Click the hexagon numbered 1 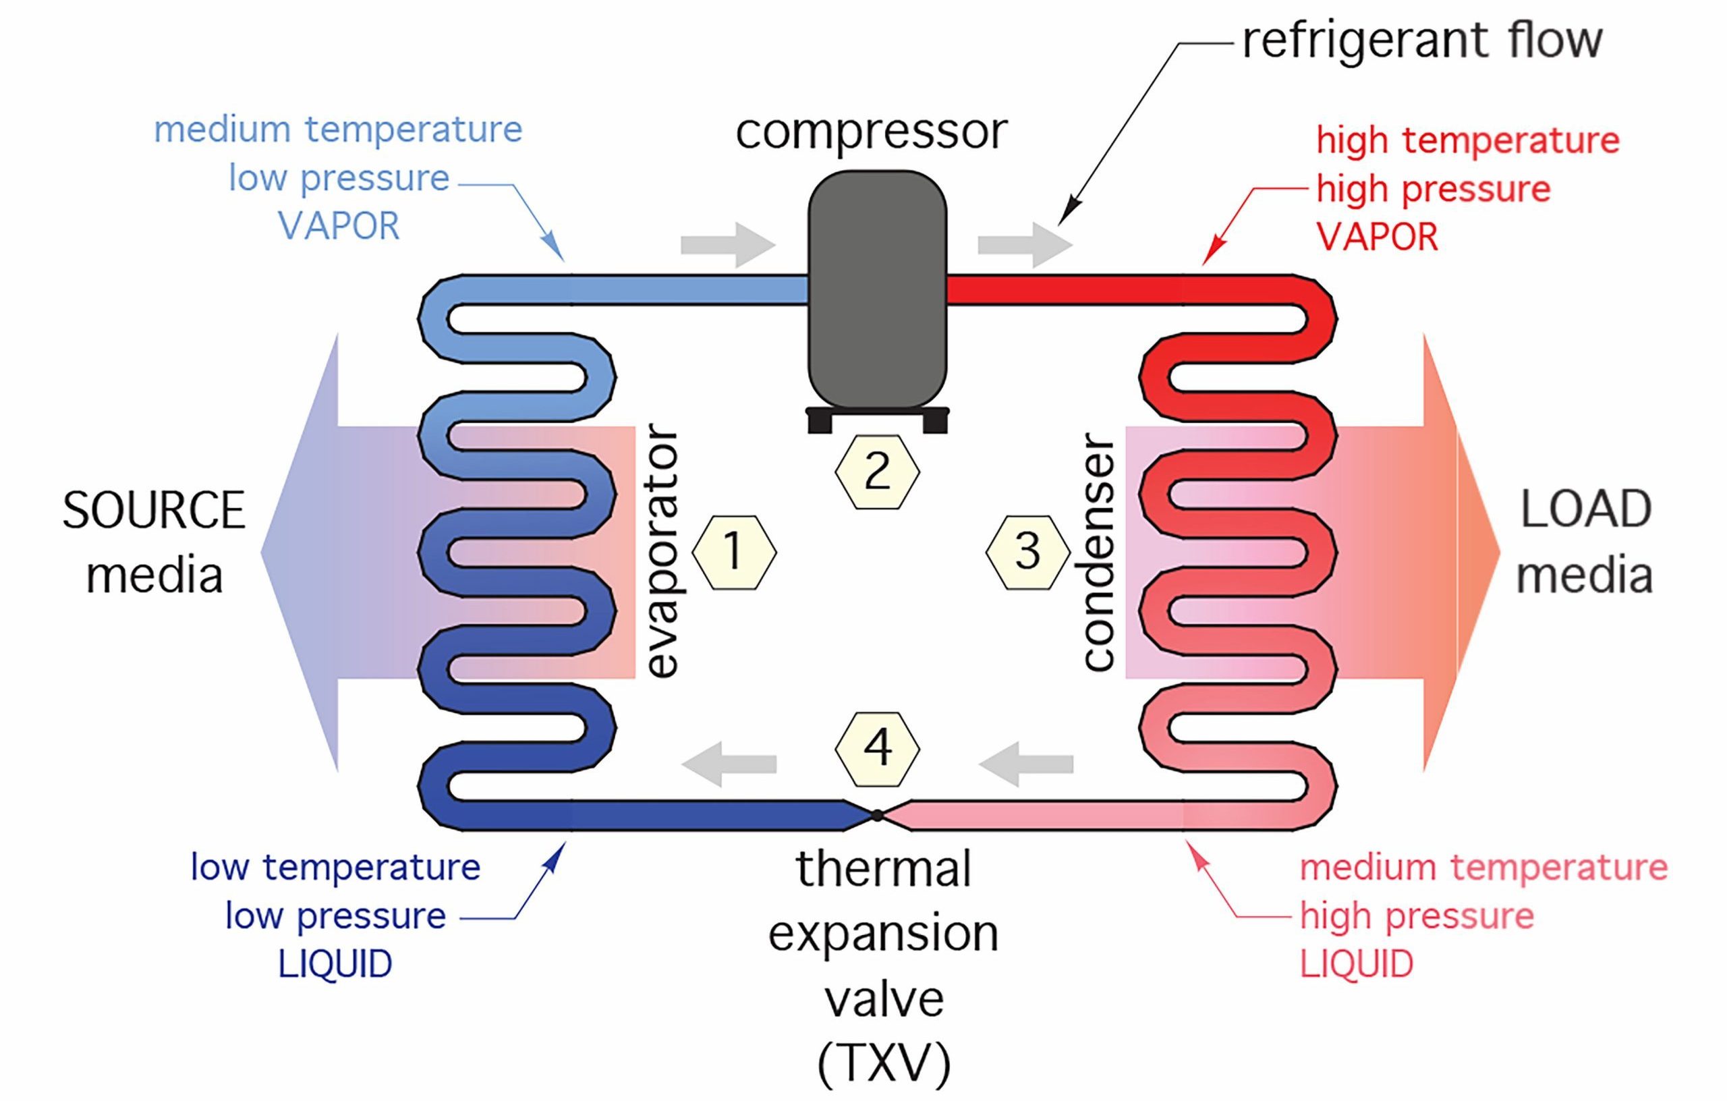(734, 553)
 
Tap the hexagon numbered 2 (876, 472)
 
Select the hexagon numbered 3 (1027, 553)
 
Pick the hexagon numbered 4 (876, 748)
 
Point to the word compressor (871, 133)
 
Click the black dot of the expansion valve (877, 815)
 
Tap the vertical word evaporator (660, 551)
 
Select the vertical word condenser (1098, 551)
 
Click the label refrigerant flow (1421, 41)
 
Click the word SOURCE (154, 511)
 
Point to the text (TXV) (884, 1063)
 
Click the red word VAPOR (1377, 237)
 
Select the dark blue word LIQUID (335, 964)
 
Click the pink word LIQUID (1356, 964)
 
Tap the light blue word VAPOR (339, 227)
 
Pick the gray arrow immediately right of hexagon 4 (1025, 764)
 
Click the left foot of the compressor (819, 422)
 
